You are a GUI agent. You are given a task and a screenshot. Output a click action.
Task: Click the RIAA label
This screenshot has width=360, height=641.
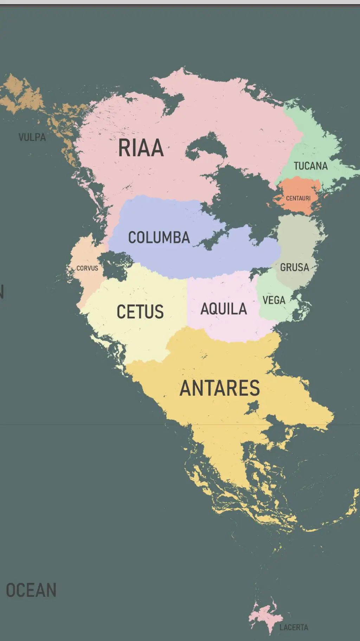pos(141,148)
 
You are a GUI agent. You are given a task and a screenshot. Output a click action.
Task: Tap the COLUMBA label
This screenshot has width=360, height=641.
pos(159,237)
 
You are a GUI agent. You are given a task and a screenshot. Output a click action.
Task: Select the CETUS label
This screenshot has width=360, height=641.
pos(140,312)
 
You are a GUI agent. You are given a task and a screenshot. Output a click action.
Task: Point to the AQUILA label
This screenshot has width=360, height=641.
pos(224,309)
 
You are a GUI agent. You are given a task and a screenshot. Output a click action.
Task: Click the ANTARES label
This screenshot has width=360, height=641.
pos(220,388)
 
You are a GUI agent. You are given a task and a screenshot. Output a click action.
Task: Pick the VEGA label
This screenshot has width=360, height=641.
pos(274,300)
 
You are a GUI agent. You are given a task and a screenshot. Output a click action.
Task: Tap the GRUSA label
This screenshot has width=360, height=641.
pos(295,267)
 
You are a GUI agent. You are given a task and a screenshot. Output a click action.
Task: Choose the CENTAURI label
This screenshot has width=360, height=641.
pos(298,198)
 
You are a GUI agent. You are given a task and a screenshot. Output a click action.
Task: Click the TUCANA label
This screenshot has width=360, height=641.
pos(310,166)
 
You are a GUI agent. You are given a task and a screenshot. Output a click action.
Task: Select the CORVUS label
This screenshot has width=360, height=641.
pos(87,268)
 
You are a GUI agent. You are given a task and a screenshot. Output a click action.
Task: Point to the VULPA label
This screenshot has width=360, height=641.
pos(32,137)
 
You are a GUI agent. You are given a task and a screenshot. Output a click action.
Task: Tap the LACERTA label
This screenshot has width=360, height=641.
pos(294,627)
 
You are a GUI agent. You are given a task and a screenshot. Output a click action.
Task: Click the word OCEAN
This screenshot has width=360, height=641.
pos(31,590)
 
